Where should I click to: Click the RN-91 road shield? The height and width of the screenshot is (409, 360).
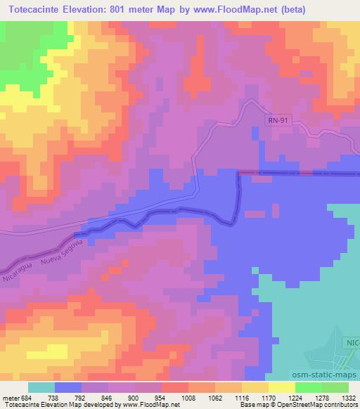pyautogui.click(x=277, y=121)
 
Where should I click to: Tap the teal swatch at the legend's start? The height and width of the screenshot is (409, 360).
pyautogui.click(x=41, y=387)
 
